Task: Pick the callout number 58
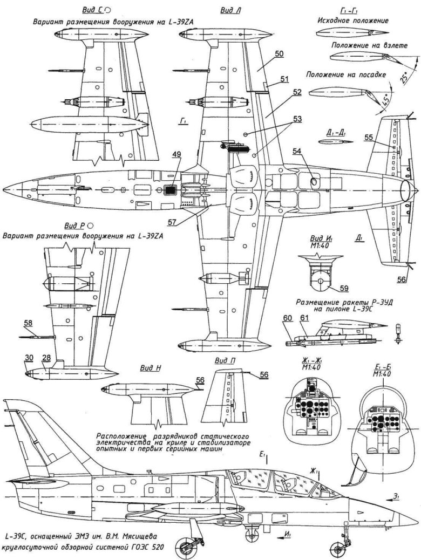[x=28, y=323]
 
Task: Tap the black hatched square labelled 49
[x=171, y=189]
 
